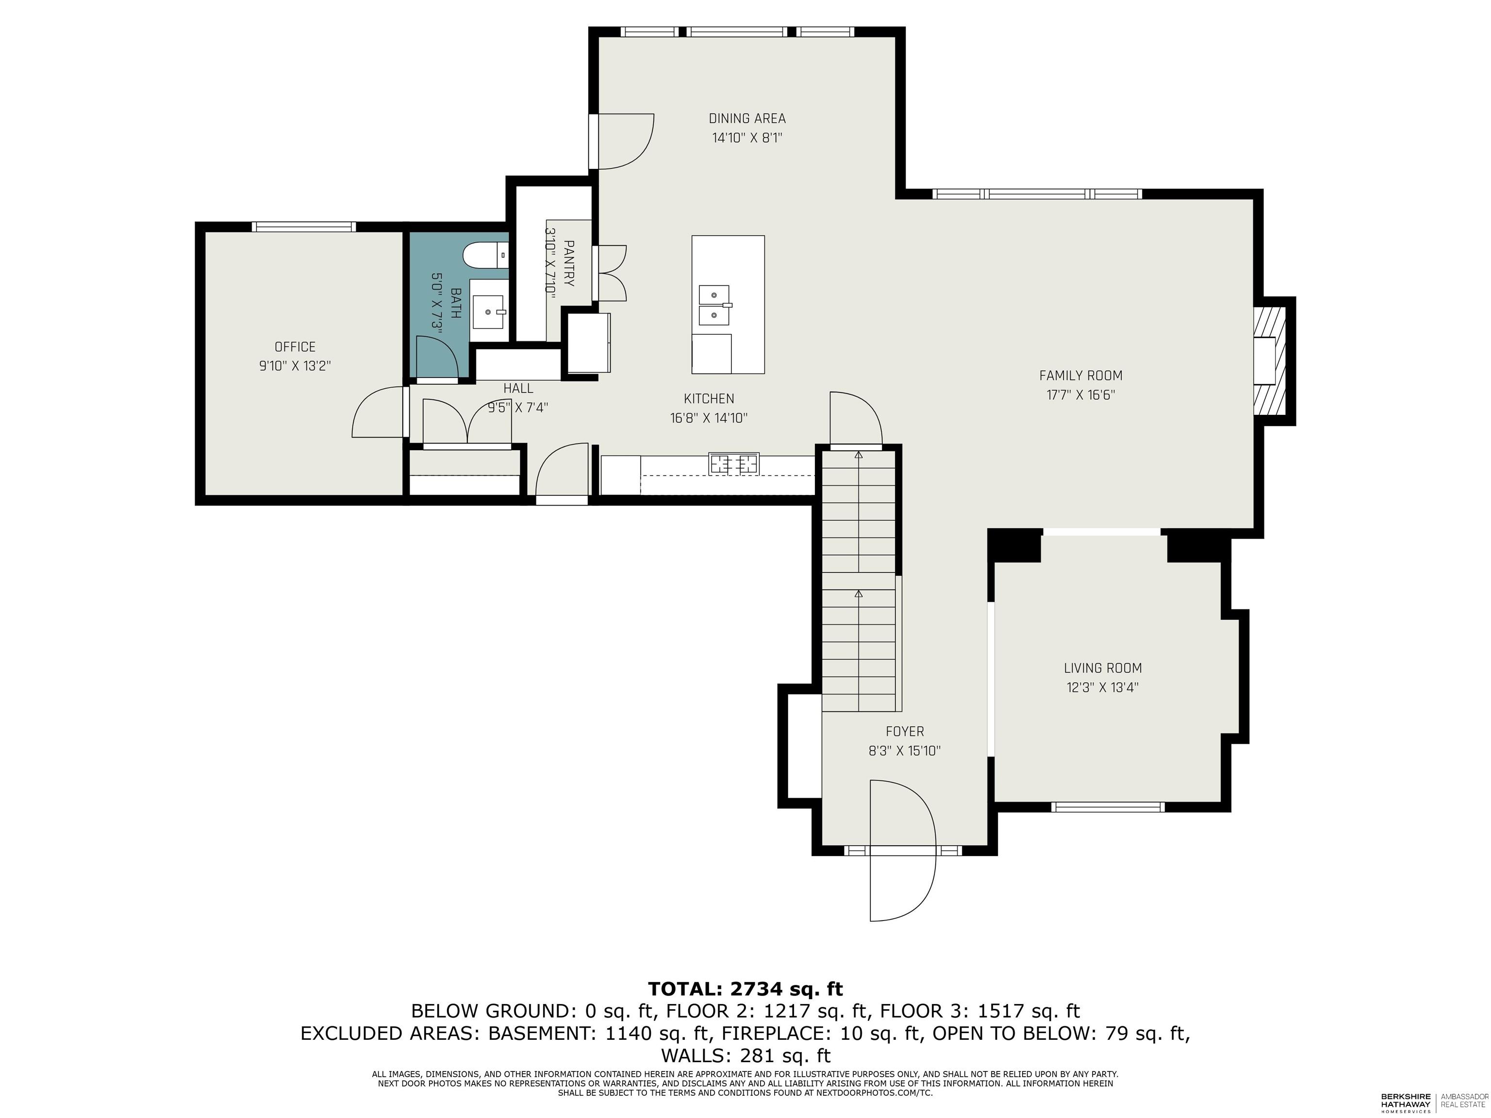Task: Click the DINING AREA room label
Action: click(747, 118)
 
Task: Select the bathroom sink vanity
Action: click(488, 312)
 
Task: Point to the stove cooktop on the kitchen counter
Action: click(733, 463)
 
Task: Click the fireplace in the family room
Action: click(1270, 361)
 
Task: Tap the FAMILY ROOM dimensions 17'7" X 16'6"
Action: click(1080, 395)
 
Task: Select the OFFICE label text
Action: click(295, 347)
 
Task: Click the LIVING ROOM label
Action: click(1103, 668)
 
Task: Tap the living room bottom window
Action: click(1108, 806)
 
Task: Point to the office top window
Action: click(303, 227)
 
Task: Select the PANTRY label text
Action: click(569, 263)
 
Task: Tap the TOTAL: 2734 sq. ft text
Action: click(745, 988)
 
